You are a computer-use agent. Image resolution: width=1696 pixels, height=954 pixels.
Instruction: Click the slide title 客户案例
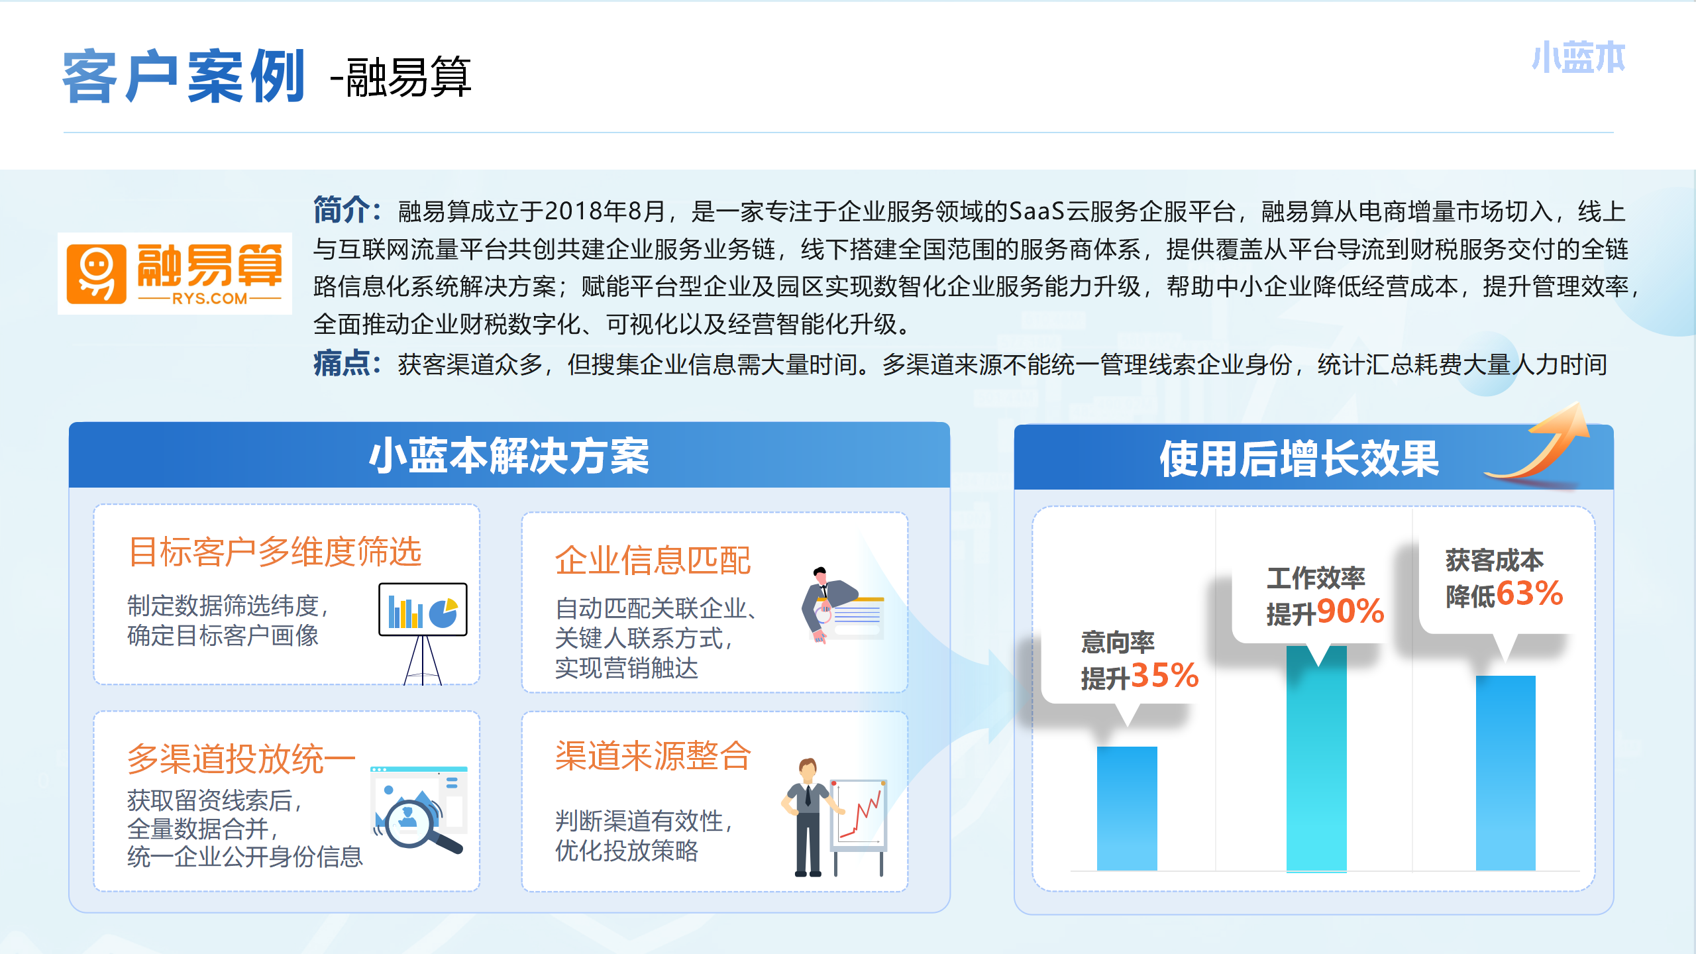click(x=184, y=76)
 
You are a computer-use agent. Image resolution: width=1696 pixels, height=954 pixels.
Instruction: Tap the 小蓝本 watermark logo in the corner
click(x=1578, y=58)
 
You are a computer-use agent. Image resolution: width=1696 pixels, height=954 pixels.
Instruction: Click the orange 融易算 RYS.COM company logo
click(x=175, y=274)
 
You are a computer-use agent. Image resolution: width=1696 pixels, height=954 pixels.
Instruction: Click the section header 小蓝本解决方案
click(x=509, y=456)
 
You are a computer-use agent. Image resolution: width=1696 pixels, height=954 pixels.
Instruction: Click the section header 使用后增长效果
click(x=1299, y=458)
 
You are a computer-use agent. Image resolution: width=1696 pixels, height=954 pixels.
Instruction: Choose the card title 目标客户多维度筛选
click(x=275, y=552)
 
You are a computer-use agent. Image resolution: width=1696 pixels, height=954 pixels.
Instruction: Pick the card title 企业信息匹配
click(x=653, y=560)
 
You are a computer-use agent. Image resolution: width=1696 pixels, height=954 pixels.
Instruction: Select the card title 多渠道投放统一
click(x=242, y=759)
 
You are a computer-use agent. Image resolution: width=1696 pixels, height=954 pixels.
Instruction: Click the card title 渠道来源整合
click(x=653, y=756)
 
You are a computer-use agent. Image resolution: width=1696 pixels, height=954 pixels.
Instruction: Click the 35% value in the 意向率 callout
click(x=1165, y=676)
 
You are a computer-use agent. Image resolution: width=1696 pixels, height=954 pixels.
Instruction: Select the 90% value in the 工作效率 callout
click(x=1350, y=611)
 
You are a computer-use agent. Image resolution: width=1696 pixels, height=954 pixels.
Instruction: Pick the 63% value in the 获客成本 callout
click(x=1530, y=593)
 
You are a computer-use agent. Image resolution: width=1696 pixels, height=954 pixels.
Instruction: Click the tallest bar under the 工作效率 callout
click(x=1316, y=759)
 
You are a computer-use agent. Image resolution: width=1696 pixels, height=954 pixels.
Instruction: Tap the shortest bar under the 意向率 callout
click(x=1127, y=808)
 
